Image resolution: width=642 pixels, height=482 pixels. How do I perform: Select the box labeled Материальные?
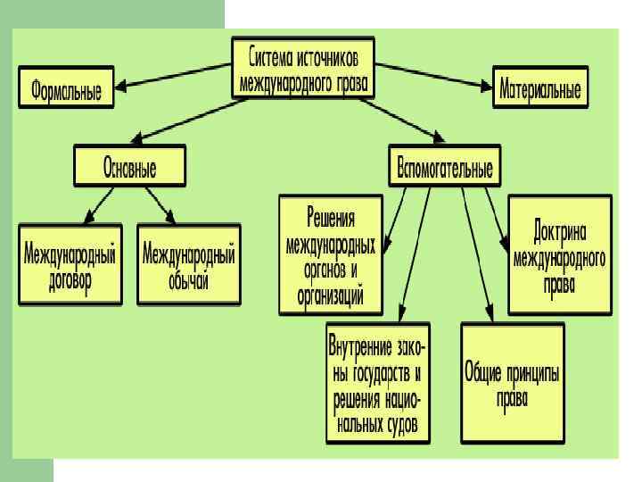[x=540, y=88]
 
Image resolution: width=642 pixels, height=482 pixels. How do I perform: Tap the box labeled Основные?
[x=130, y=168]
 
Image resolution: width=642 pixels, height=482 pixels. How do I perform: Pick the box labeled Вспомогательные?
[x=445, y=168]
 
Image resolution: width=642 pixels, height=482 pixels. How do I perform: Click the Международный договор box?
[x=70, y=265]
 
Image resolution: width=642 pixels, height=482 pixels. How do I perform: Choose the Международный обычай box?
[x=189, y=265]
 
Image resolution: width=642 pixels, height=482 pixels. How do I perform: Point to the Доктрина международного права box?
[x=559, y=255]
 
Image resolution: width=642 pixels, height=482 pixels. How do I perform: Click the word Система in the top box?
[x=271, y=55]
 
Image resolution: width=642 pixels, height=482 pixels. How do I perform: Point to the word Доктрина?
[x=560, y=231]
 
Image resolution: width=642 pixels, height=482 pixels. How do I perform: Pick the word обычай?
[x=189, y=280]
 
